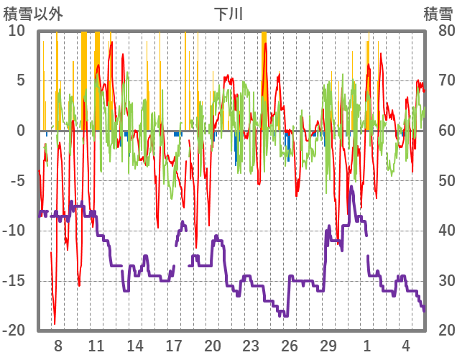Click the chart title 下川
(228, 13)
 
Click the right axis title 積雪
(437, 13)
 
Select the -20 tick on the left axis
(14, 331)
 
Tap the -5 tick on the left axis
(17, 180)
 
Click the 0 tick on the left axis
(21, 131)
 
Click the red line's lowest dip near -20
(55, 323)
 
